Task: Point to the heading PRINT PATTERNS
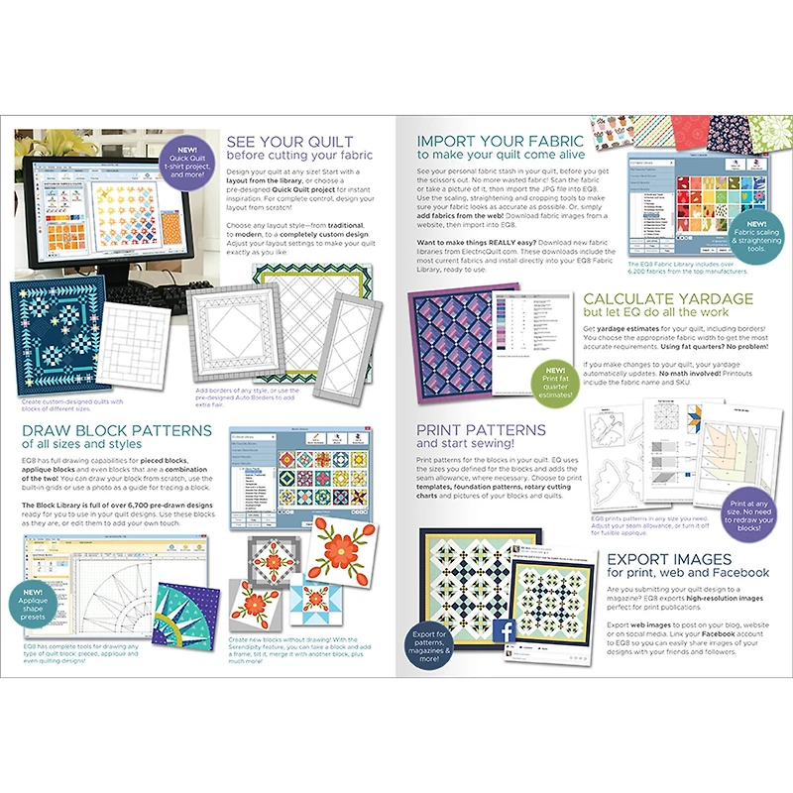tap(481, 430)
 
